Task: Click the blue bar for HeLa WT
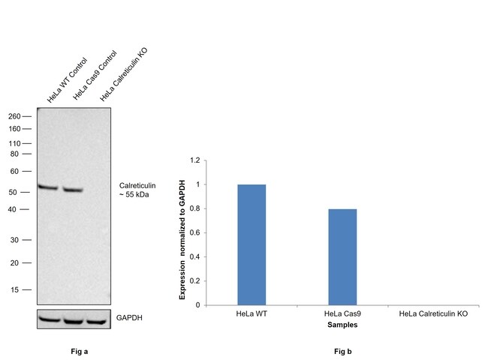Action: pos(252,244)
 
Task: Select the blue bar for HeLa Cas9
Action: pos(342,256)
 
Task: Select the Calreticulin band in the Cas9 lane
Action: pos(73,190)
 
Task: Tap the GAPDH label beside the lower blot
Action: pos(130,318)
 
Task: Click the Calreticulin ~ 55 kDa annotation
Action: pos(137,189)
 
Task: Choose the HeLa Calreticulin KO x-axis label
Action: pos(433,313)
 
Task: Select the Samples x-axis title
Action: pos(342,325)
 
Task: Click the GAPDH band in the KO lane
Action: pos(98,320)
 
